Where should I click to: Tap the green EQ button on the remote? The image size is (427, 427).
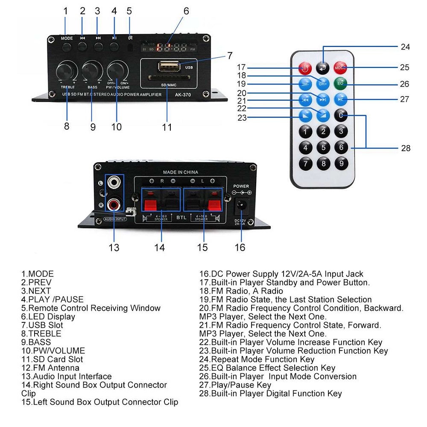[340, 83]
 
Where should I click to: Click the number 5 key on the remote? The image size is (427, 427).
[323, 148]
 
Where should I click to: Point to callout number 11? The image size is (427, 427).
[167, 127]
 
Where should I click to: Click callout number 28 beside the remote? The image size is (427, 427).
[406, 148]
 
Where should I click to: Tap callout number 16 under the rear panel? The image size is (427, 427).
[240, 247]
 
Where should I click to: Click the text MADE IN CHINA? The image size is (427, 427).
[181, 173]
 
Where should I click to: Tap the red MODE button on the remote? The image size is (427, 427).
[340, 67]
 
